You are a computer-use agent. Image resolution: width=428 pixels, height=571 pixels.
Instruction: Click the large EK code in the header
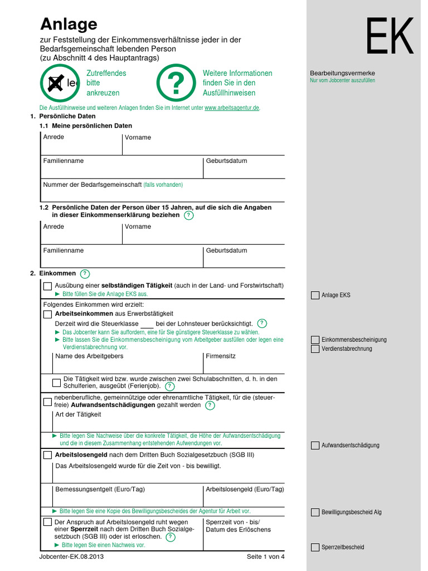[x=390, y=36]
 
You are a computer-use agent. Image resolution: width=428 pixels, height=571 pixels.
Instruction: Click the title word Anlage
[x=69, y=24]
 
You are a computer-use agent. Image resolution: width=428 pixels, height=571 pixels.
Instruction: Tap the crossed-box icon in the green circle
[x=55, y=83]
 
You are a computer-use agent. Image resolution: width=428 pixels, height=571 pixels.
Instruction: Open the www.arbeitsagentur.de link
[x=232, y=108]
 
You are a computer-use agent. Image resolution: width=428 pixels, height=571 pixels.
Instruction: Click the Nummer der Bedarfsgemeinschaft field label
[x=93, y=185]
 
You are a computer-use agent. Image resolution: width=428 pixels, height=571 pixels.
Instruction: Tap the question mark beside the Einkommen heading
[x=85, y=274]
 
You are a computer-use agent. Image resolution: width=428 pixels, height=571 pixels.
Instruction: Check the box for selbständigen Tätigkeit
[x=47, y=287]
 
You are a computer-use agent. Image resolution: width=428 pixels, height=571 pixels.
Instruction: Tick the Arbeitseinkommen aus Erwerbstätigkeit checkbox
[x=47, y=314]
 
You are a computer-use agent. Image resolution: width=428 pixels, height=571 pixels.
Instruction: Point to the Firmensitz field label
[x=221, y=356]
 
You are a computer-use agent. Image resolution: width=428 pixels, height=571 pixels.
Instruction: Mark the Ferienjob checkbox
[x=56, y=383]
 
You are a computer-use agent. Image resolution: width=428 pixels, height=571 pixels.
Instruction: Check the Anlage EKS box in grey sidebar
[x=315, y=296]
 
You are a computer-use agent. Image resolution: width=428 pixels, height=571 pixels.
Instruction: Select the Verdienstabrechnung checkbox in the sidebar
[x=315, y=349]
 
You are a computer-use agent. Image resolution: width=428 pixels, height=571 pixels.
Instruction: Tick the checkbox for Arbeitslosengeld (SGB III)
[x=47, y=455]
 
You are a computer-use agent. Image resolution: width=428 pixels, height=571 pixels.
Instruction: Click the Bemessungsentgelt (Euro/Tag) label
[x=100, y=490]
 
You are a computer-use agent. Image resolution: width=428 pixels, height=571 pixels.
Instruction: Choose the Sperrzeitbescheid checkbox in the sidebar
[x=315, y=548]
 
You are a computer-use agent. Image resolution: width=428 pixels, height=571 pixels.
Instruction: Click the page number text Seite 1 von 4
[x=265, y=557]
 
